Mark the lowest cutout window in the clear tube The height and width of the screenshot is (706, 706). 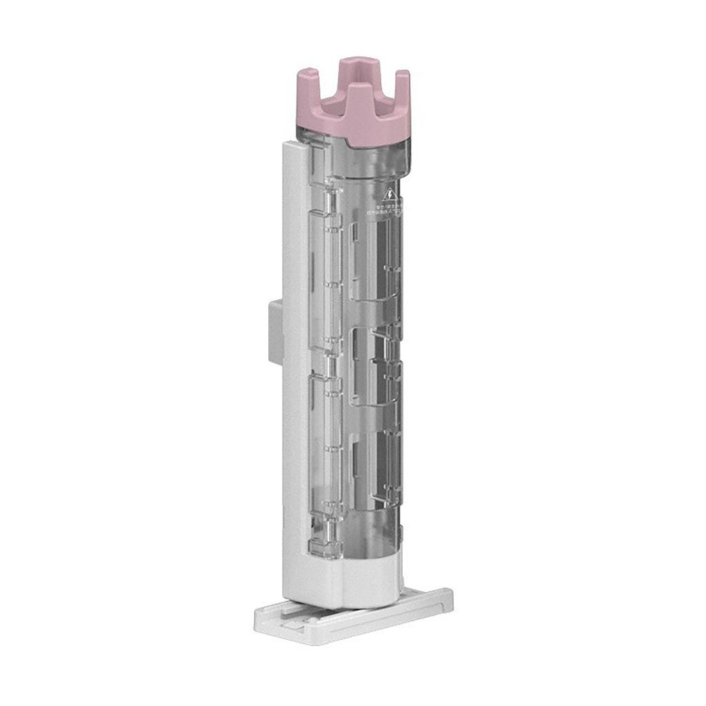click(x=372, y=469)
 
